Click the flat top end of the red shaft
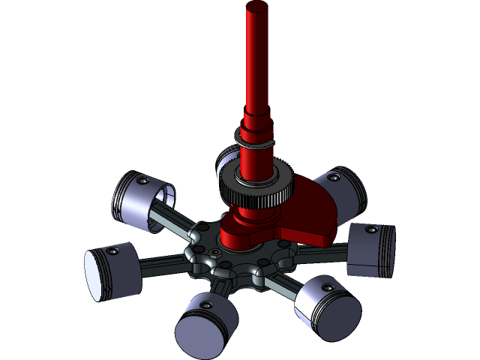point(256,8)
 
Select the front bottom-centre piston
point(205,326)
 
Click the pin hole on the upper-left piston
point(142,180)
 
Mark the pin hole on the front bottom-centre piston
point(205,304)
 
